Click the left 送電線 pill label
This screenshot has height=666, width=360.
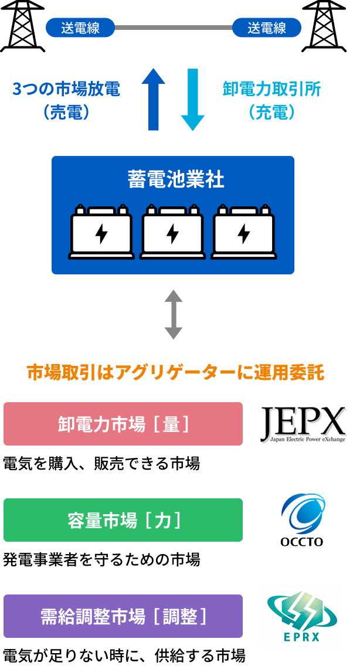80,28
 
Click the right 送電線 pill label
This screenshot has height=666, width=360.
267,28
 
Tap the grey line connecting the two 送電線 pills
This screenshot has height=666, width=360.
174,28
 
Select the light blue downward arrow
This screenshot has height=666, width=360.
192,100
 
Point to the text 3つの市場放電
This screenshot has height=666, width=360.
66,90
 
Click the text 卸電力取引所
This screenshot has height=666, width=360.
271,90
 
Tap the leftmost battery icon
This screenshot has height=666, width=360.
101,232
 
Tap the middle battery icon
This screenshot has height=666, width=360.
172,232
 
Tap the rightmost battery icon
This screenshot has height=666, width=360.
243,232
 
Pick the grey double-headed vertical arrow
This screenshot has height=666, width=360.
173,314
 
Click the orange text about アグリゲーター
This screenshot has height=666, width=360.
176,373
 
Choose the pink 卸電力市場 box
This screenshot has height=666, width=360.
123,424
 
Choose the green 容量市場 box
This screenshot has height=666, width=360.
123,520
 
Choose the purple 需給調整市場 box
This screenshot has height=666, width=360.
123,616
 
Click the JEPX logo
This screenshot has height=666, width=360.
301,425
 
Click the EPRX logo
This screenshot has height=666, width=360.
302,616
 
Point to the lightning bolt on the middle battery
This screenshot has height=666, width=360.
172,233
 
